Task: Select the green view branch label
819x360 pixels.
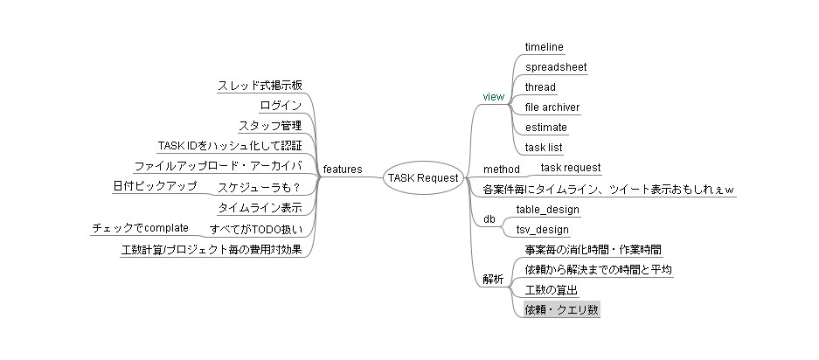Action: pos(494,97)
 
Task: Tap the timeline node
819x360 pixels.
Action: pos(545,47)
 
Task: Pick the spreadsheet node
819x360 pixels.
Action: pos(556,67)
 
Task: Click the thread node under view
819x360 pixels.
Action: pos(540,87)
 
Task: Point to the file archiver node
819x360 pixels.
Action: pos(552,107)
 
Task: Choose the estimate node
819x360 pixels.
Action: pos(545,128)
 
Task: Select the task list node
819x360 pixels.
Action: pos(544,148)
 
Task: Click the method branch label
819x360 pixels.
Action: pos(502,170)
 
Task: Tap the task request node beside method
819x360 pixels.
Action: pos(571,168)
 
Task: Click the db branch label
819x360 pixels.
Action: pos(489,219)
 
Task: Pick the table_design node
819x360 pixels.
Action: pos(547,210)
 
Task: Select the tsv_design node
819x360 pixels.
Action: pos(542,230)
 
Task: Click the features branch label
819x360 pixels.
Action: pos(343,170)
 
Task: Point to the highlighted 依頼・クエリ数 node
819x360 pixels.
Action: pos(562,310)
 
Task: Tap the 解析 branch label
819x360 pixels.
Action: pos(494,280)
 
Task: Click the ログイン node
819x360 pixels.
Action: pos(281,106)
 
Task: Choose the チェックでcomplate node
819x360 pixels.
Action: pos(140,228)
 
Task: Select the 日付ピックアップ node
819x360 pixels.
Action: pos(155,185)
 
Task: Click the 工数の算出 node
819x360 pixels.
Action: pos(551,290)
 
